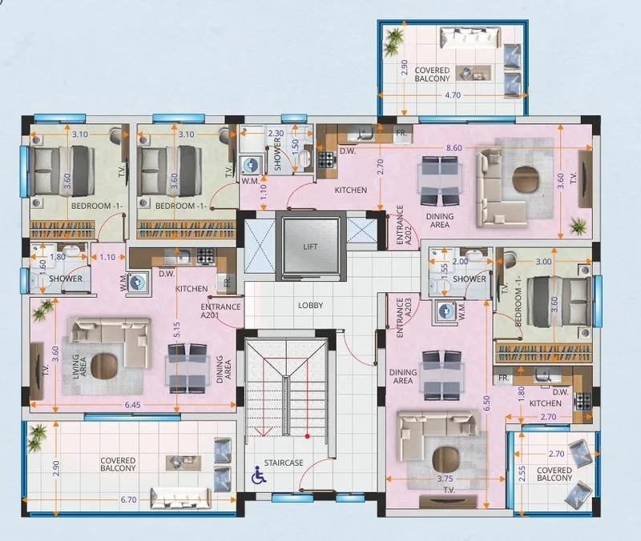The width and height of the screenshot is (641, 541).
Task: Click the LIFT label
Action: click(310, 246)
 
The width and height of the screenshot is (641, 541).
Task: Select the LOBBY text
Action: click(310, 305)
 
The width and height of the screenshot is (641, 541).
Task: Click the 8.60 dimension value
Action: click(454, 147)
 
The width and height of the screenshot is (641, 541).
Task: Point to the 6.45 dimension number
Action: click(132, 405)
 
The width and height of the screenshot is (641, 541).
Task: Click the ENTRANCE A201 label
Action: click(220, 311)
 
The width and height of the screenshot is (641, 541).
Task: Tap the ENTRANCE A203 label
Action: click(404, 317)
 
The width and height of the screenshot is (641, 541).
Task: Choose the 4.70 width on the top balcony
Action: click(453, 95)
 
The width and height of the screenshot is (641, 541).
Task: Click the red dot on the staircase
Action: click(308, 436)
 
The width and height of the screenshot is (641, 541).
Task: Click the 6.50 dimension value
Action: click(486, 404)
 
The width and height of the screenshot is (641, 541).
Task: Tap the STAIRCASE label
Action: click(284, 463)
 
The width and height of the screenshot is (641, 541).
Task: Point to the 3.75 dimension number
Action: click(445, 479)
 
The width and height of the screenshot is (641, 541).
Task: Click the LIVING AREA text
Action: click(79, 366)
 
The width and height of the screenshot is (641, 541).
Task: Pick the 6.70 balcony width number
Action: click(128, 499)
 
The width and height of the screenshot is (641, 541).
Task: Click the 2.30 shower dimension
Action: click(276, 133)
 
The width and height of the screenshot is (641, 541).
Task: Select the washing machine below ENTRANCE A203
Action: click(446, 312)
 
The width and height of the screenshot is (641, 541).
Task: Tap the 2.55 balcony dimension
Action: click(522, 474)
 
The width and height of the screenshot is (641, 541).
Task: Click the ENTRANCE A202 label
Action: click(404, 225)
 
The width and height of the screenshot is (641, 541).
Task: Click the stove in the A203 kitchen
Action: click(583, 400)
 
